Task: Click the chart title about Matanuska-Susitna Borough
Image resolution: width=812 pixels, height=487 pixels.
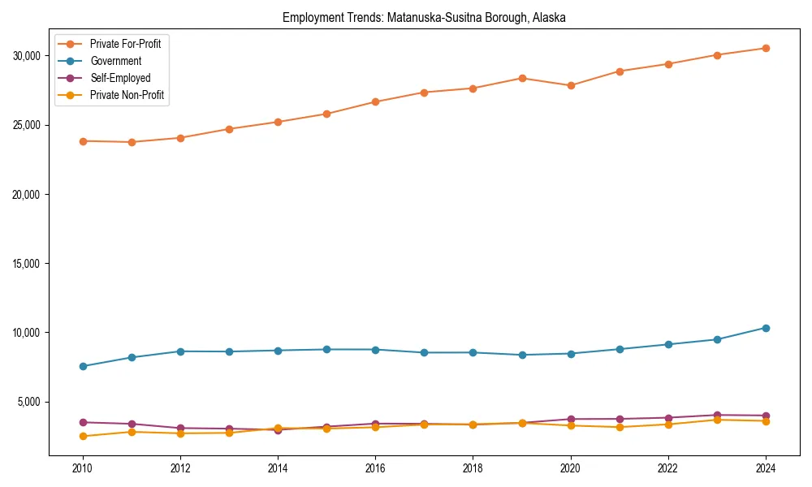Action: (424, 17)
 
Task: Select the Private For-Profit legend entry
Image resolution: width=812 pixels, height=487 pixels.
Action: (125, 43)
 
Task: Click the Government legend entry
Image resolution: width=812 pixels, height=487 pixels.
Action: (115, 61)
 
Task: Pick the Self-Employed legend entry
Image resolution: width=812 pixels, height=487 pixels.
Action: (120, 78)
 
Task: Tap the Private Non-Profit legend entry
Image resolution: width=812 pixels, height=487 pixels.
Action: (127, 96)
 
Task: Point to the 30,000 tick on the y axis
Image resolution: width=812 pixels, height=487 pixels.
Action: (29, 56)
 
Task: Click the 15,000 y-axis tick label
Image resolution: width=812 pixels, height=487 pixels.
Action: (29, 264)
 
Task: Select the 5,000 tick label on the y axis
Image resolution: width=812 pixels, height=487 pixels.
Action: (32, 402)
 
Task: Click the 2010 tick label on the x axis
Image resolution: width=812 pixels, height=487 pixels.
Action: (81, 468)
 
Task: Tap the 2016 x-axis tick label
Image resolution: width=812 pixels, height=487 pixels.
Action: (375, 468)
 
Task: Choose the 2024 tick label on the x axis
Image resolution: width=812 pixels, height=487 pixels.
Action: (766, 468)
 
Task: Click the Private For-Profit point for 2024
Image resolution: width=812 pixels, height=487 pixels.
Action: (766, 48)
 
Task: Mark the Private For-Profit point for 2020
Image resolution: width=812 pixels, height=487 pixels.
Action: (571, 85)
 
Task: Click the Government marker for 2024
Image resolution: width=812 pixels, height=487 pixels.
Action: (766, 328)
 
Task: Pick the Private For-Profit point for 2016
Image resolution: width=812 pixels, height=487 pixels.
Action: (375, 101)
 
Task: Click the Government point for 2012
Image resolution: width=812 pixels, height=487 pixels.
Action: (180, 351)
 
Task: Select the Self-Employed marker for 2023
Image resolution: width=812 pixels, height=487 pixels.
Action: (717, 415)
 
